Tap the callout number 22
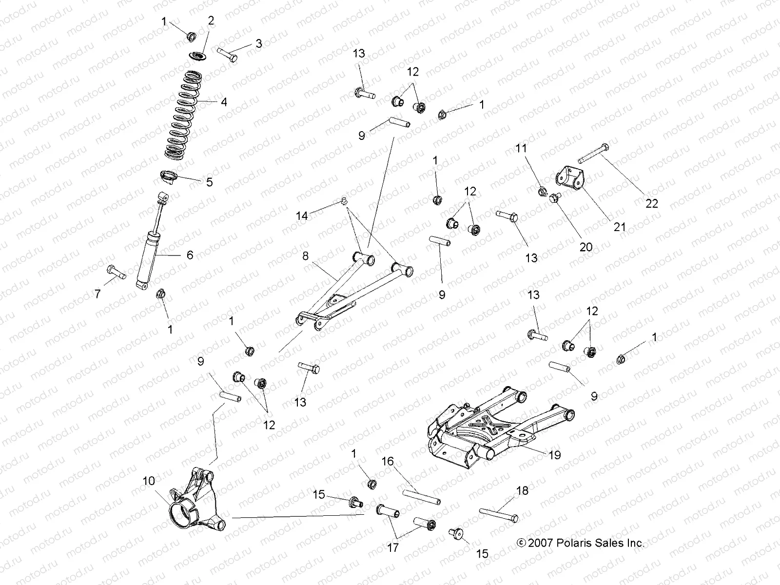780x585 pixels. (x=651, y=203)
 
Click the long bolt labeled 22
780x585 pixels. (x=592, y=153)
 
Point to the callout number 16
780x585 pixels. (x=387, y=461)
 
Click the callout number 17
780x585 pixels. (x=393, y=548)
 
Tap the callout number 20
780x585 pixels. (x=585, y=247)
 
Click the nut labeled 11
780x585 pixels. (x=542, y=192)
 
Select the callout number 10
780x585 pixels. (x=149, y=481)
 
